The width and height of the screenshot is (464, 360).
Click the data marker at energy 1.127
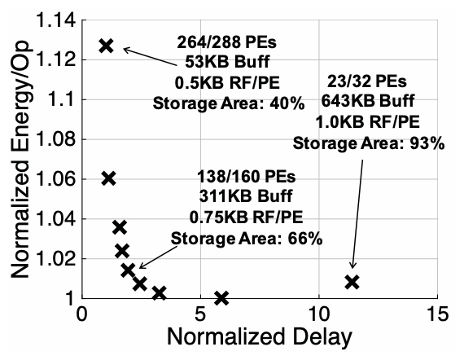pyautogui.click(x=105, y=46)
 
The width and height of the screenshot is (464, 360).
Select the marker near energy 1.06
pyautogui.click(x=108, y=178)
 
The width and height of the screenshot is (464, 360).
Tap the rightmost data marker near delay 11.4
pyautogui.click(x=352, y=282)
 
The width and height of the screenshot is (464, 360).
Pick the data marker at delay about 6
pyautogui.click(x=221, y=297)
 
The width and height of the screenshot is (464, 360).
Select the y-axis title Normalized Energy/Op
pyautogui.click(x=18, y=160)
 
